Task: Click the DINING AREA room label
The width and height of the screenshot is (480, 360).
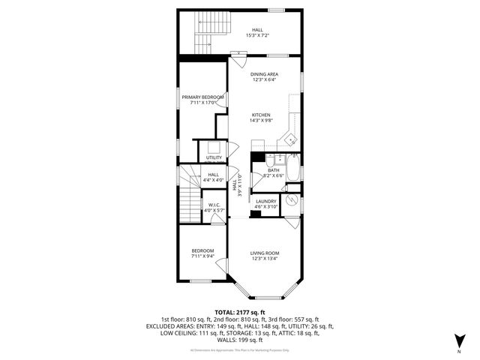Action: click(x=265, y=74)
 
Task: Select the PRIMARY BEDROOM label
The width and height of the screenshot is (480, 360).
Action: click(x=202, y=97)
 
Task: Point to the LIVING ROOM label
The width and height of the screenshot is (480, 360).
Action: click(x=265, y=253)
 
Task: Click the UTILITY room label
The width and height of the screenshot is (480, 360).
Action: click(x=214, y=157)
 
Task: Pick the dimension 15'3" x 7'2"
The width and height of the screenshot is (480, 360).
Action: click(x=256, y=36)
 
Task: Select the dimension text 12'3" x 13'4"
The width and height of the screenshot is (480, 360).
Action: click(x=265, y=259)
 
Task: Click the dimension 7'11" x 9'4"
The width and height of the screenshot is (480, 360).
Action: click(x=202, y=256)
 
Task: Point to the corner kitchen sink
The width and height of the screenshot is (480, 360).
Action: click(x=290, y=139)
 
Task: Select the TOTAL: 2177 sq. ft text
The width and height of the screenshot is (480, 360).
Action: click(x=239, y=312)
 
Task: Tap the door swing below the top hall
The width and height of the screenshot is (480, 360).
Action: click(x=238, y=53)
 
